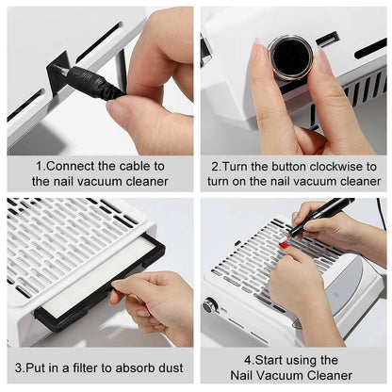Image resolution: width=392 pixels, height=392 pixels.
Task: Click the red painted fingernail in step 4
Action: click(283, 246)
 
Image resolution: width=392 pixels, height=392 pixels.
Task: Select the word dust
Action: click(176, 367)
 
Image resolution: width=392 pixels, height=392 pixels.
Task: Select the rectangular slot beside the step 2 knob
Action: click(327, 40)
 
